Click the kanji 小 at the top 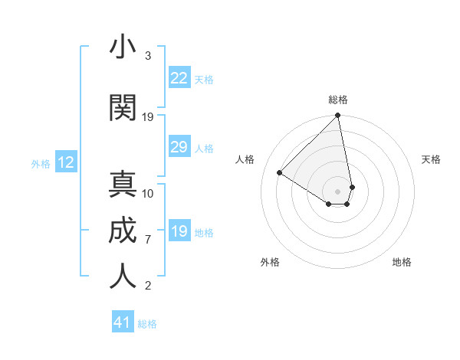(123, 47)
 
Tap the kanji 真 (123, 185)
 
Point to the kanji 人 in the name (123, 275)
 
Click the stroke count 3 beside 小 (147, 56)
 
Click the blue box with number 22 (179, 77)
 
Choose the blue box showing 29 (179, 147)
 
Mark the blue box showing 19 (179, 231)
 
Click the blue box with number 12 (65, 162)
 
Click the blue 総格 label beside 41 (147, 324)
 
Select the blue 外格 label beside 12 (41, 163)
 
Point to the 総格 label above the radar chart (338, 100)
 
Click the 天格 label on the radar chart (431, 159)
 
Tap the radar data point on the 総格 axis (338, 116)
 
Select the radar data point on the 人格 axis (280, 172)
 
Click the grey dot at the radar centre (338, 191)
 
